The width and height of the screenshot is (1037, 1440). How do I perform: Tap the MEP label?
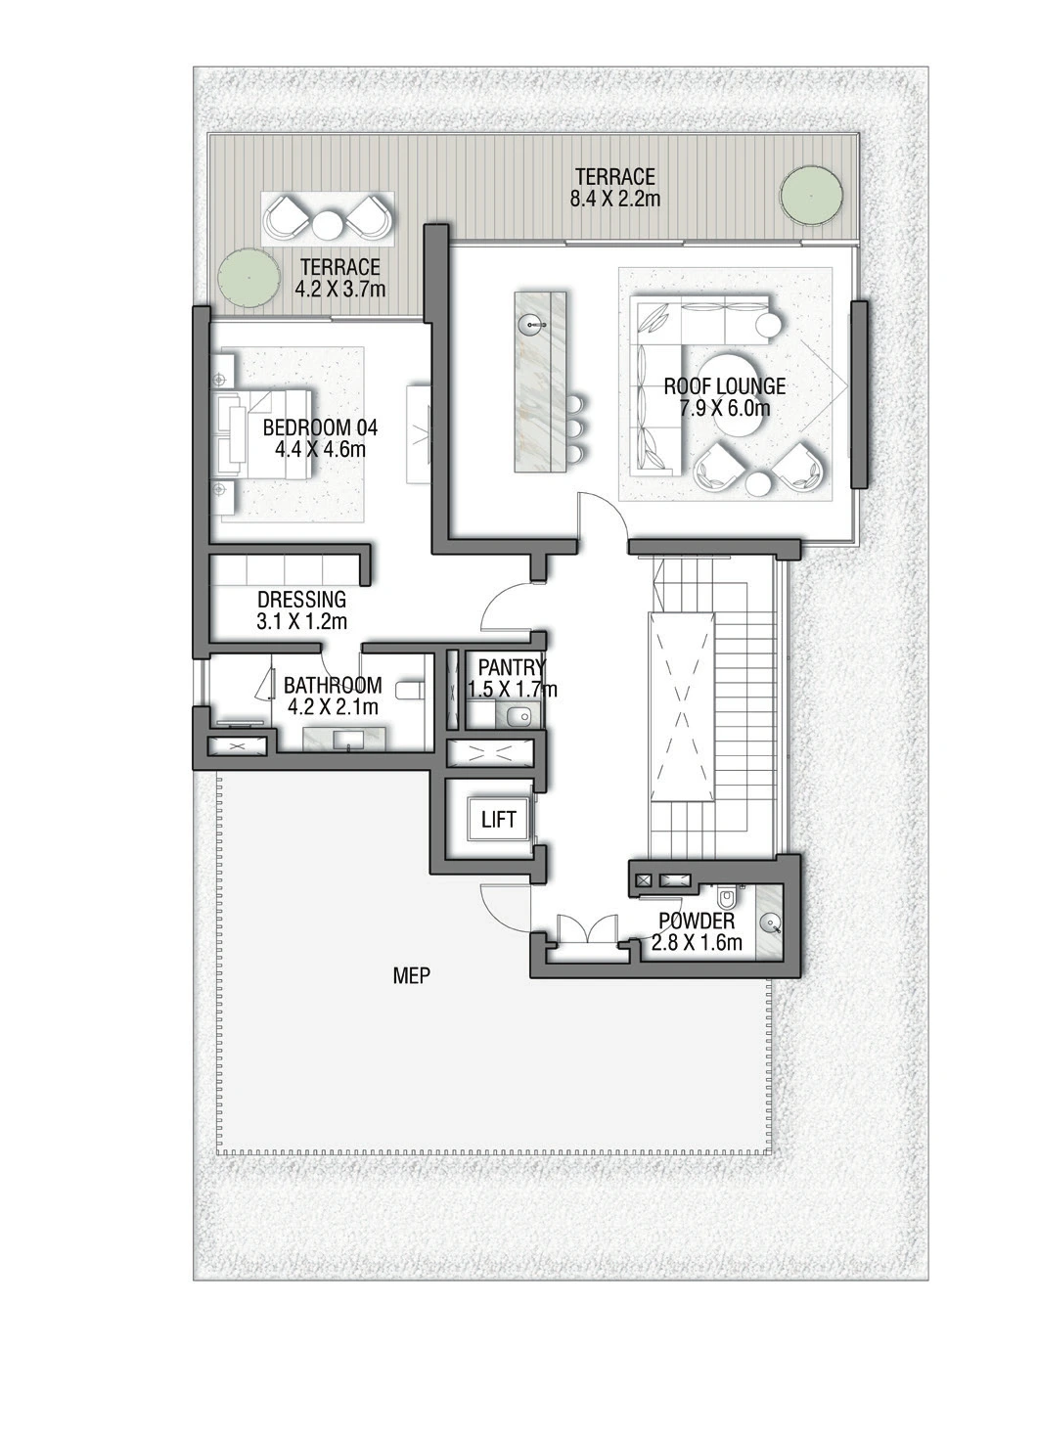click(x=412, y=976)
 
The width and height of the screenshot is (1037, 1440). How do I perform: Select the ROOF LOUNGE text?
click(x=725, y=385)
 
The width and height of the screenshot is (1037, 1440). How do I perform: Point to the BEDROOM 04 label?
click(x=320, y=427)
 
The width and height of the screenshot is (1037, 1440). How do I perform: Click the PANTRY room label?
click(x=512, y=668)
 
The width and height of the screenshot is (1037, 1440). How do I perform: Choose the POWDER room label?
click(x=697, y=922)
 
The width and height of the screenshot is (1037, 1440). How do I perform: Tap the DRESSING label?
click(x=301, y=599)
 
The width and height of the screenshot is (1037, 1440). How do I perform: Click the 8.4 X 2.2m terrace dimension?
click(x=615, y=198)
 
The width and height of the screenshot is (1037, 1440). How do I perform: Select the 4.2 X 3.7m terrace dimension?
click(x=340, y=289)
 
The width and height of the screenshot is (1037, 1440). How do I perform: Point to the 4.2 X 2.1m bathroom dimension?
click(x=333, y=707)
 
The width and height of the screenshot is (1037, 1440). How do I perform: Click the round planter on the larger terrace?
click(x=811, y=195)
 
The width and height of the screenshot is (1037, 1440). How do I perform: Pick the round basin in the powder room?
click(x=770, y=924)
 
